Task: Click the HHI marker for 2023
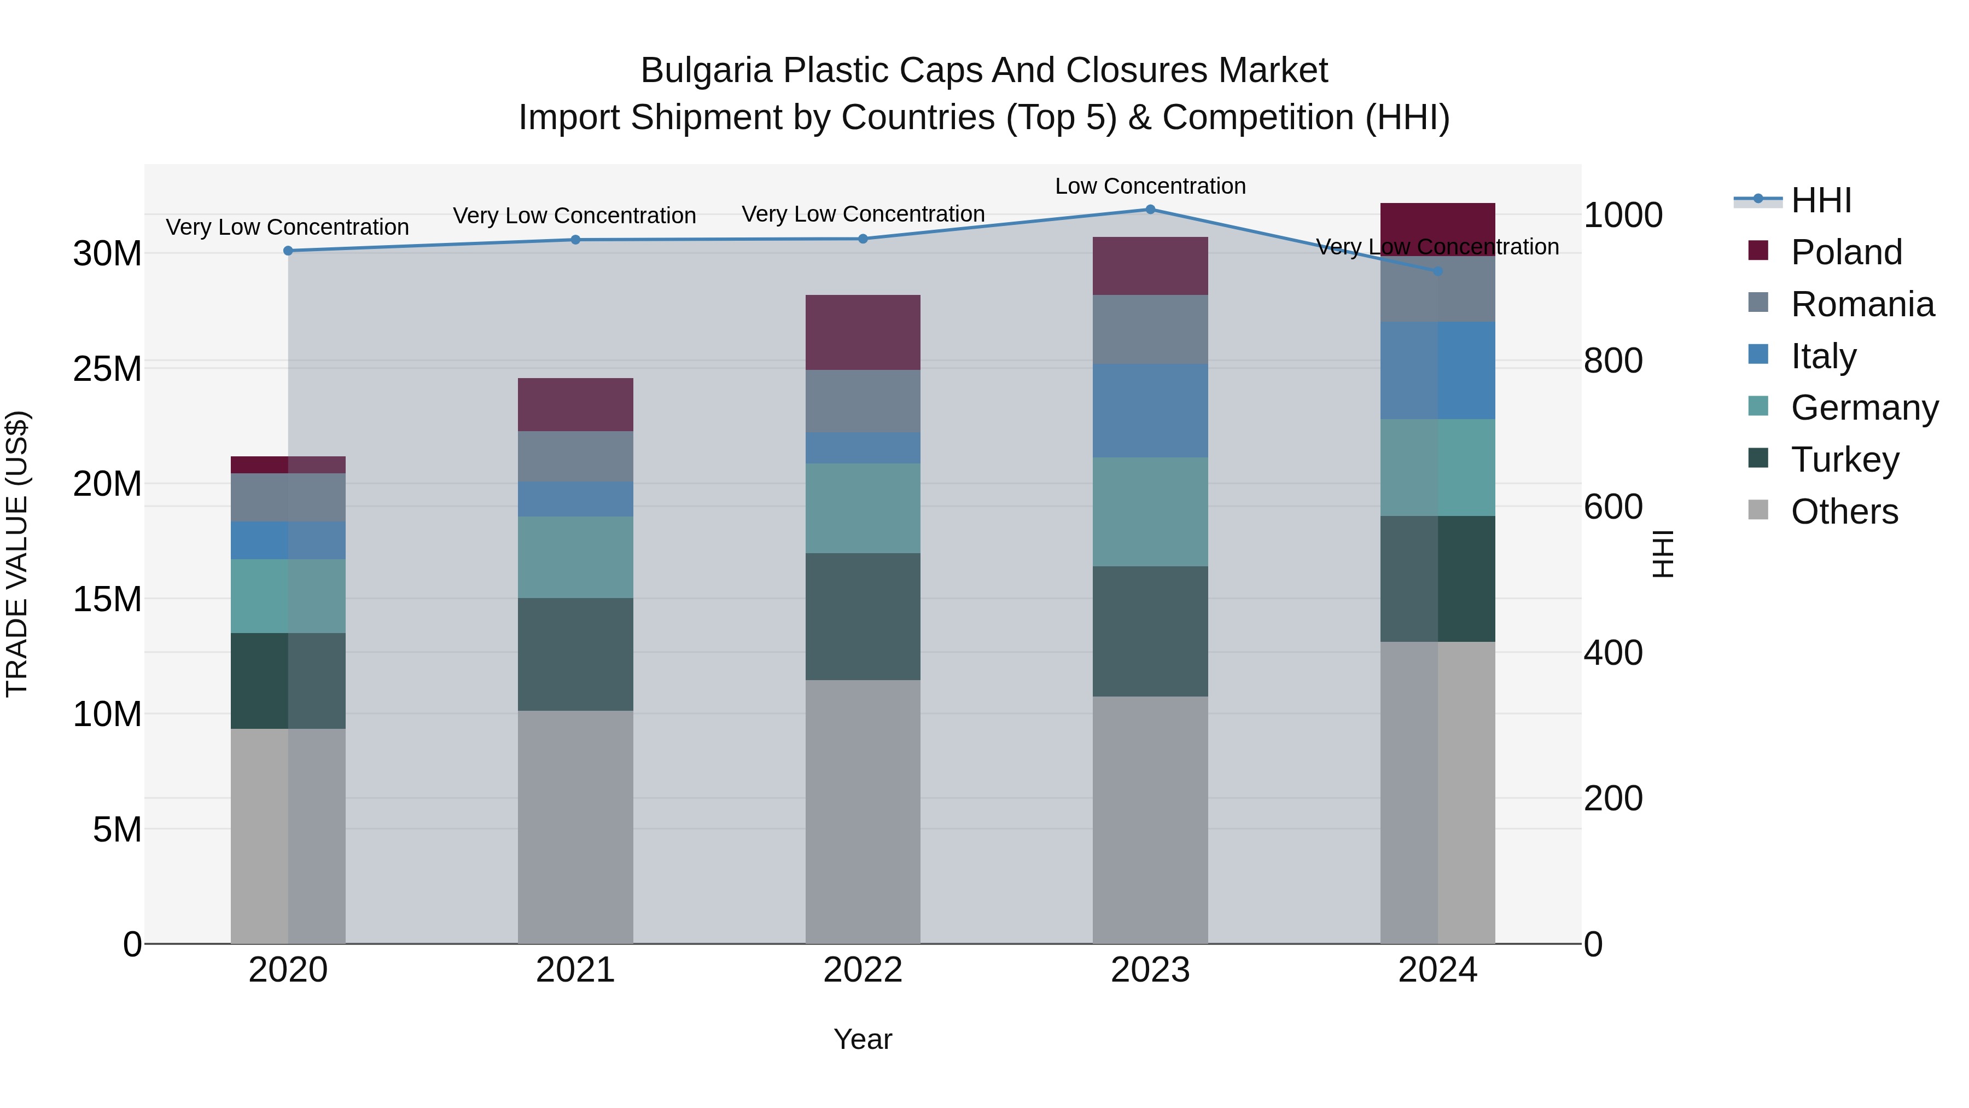click(1150, 210)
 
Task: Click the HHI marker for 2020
click(288, 251)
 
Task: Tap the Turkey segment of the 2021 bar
click(575, 654)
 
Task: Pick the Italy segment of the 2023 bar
click(1150, 410)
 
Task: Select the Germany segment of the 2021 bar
click(575, 558)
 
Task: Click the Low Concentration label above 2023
click(1150, 186)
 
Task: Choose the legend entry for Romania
click(1862, 304)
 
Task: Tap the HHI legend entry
click(1821, 200)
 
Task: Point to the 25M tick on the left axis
click(107, 369)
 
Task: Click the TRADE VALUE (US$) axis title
click(17, 554)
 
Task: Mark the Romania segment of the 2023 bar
click(1150, 329)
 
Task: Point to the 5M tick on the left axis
click(117, 829)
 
